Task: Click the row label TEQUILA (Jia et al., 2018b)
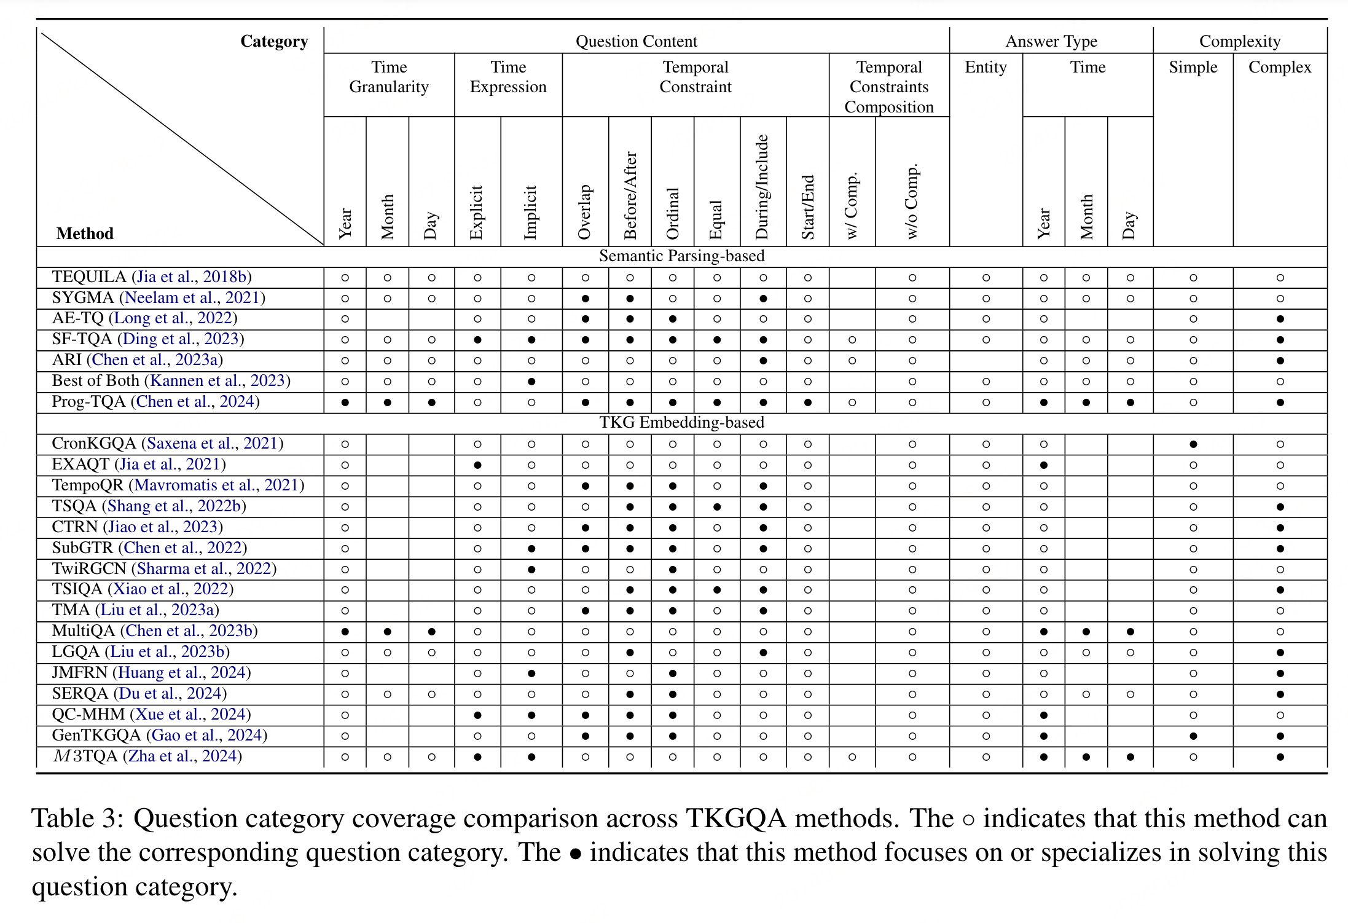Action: (152, 277)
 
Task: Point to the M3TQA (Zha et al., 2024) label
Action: (147, 756)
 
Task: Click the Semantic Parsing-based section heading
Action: (681, 256)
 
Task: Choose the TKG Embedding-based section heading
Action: (681, 423)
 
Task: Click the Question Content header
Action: (636, 41)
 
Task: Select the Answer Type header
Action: (1051, 41)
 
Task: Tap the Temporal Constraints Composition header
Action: (888, 87)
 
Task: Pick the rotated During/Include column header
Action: (762, 187)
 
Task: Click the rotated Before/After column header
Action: (630, 195)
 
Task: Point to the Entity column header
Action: (986, 67)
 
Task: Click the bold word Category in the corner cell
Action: (274, 41)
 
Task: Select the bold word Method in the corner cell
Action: (85, 234)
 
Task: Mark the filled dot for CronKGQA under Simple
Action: (1193, 444)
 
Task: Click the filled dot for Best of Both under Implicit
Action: (531, 382)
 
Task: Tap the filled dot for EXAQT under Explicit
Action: (477, 465)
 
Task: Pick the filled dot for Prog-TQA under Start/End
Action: (807, 403)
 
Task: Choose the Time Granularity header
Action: (388, 77)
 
